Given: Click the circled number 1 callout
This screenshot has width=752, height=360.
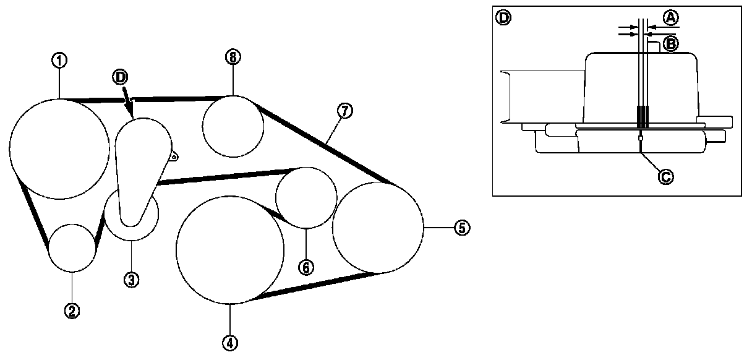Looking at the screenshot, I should [60, 60].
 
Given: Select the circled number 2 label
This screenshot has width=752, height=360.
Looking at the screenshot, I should [72, 311].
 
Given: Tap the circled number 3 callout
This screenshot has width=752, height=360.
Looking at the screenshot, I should [130, 280].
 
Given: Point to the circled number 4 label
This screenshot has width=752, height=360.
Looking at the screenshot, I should [229, 342].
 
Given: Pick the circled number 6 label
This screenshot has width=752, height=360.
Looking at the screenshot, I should [306, 267].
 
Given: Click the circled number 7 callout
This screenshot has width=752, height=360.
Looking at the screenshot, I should [344, 111].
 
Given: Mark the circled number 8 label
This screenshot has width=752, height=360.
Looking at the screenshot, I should [233, 57].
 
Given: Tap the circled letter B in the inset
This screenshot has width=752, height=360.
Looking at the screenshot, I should [670, 43].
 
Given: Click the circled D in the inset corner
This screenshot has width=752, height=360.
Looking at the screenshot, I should [503, 17].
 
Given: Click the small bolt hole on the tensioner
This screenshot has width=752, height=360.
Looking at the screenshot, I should [174, 157].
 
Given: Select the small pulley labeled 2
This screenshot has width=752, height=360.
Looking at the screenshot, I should [72, 248].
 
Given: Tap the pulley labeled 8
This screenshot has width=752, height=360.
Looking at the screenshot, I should [233, 126].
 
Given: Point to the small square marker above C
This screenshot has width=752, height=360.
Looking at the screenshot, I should [641, 138].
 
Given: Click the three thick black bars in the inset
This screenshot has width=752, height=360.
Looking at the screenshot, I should [644, 116].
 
